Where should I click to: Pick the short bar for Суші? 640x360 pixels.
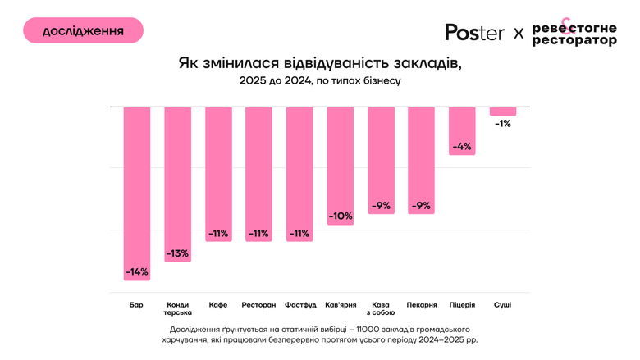(503, 112)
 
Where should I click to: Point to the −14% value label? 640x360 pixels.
(136, 271)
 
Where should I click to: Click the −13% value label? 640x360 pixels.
(177, 253)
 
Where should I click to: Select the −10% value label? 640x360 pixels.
(340, 216)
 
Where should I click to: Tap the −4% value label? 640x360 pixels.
(462, 147)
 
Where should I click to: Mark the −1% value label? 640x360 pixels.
(503, 124)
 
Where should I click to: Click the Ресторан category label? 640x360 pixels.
(258, 304)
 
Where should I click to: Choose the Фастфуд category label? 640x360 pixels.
(299, 304)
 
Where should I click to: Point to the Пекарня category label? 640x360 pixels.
(421, 304)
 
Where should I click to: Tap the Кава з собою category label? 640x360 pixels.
(381, 308)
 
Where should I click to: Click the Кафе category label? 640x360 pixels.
(218, 304)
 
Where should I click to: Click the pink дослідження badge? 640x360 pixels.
(83, 30)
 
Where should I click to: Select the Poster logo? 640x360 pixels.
(475, 32)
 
